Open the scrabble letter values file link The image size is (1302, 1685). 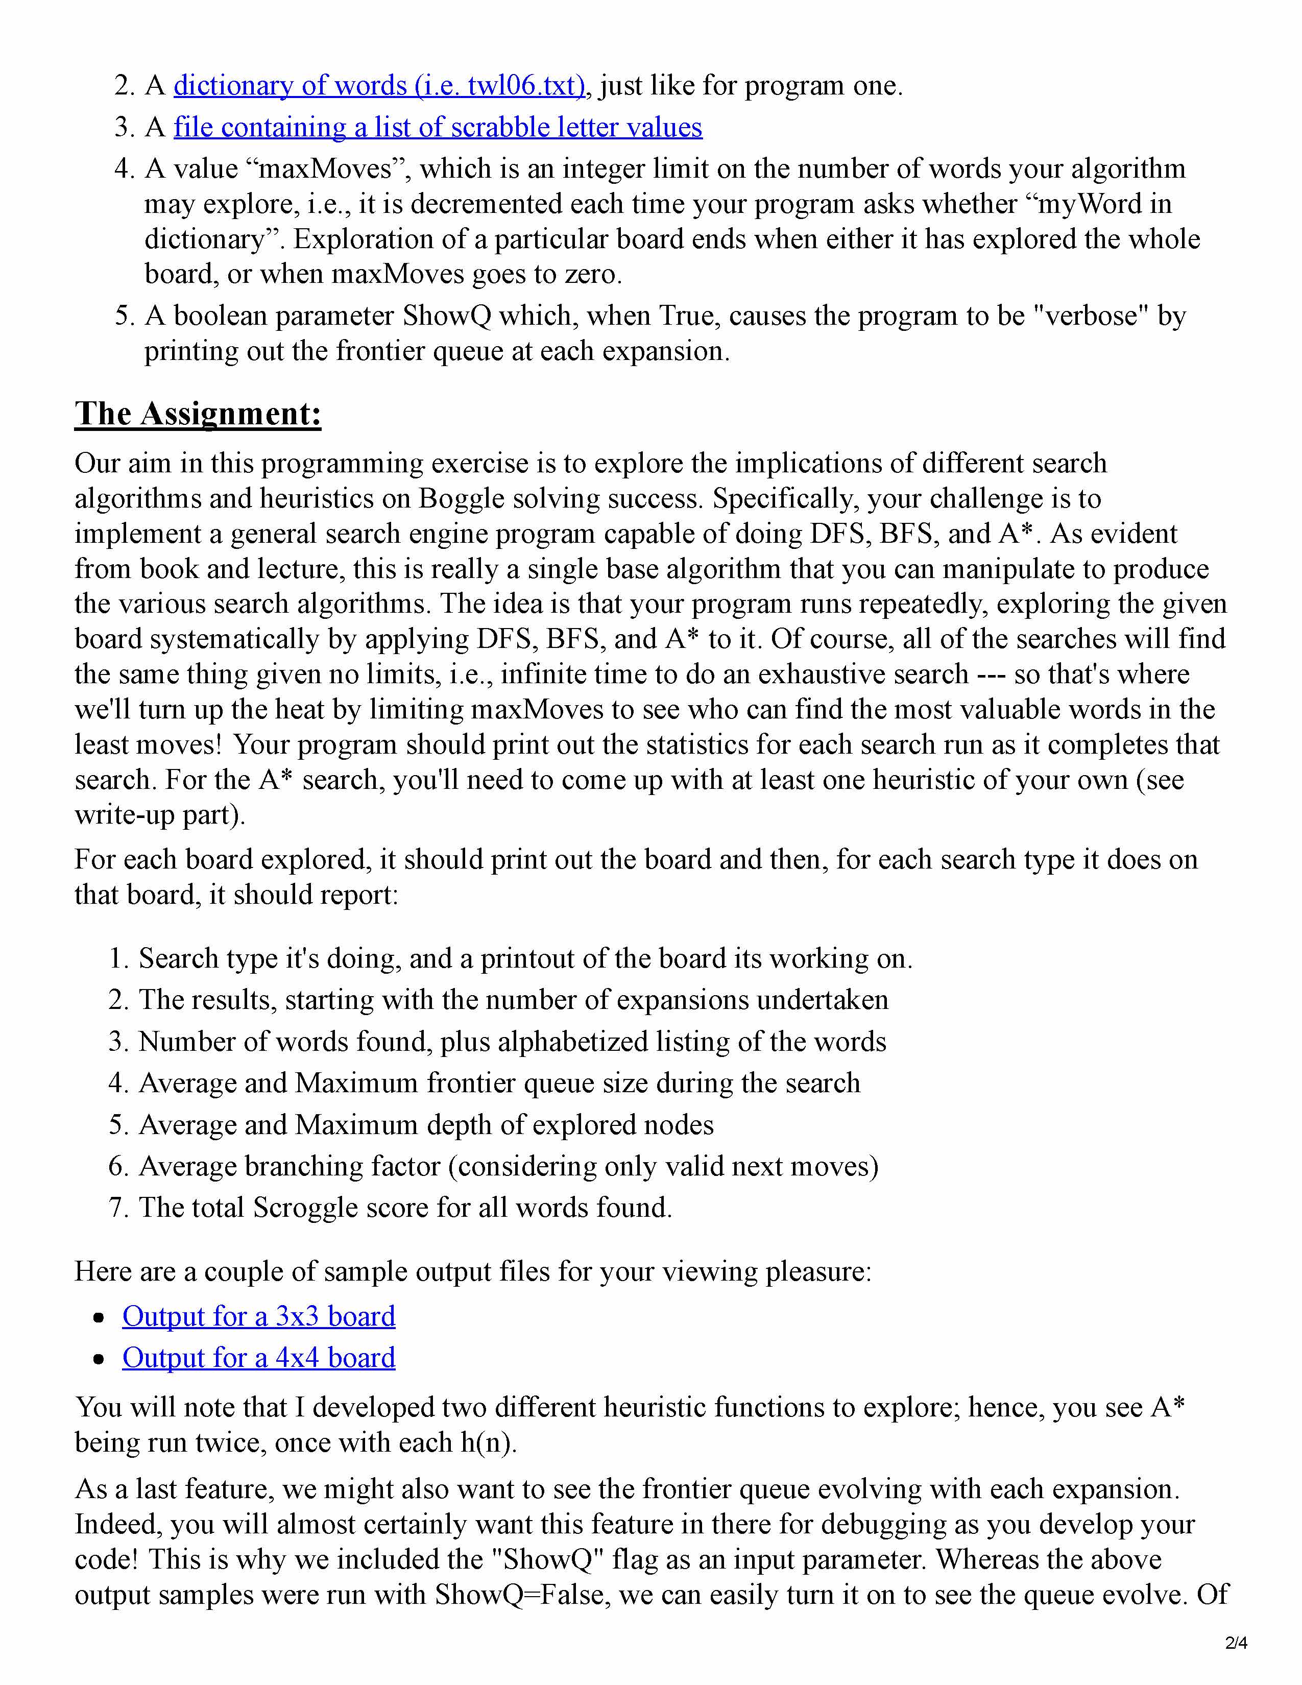[x=438, y=127]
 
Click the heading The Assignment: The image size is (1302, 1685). [x=198, y=414]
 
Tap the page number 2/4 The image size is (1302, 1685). [x=1236, y=1643]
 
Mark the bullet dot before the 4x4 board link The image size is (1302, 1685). [x=98, y=1359]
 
